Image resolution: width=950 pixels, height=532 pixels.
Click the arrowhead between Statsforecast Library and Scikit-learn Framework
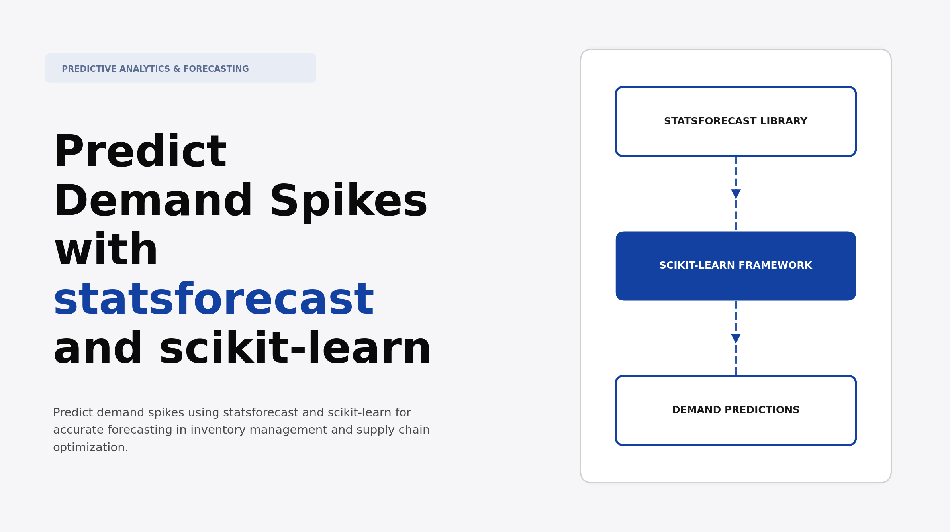coord(736,194)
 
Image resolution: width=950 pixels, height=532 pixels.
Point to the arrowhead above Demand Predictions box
coord(736,339)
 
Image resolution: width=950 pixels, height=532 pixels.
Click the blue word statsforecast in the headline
coord(214,300)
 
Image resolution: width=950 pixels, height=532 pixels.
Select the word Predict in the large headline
coord(140,153)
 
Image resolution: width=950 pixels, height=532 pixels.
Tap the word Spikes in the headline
coord(349,202)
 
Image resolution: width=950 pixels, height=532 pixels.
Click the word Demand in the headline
coord(153,202)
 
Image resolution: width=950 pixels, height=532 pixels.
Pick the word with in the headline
coord(106,251)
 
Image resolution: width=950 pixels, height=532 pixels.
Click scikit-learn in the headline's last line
coord(295,349)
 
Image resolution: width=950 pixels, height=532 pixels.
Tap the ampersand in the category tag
coord(176,69)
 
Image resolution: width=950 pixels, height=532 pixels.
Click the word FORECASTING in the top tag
coord(216,69)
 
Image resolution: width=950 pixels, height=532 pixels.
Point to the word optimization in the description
coord(90,448)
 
